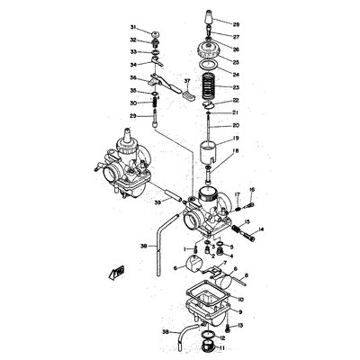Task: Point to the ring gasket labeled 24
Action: (208, 68)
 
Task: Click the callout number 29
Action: (131, 116)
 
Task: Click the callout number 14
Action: (262, 230)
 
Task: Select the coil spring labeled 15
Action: (232, 227)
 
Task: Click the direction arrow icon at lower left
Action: (114, 270)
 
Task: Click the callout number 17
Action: (237, 194)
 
